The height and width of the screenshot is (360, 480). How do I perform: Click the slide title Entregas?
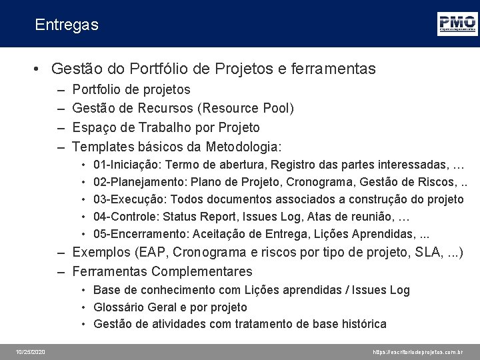[x=67, y=25]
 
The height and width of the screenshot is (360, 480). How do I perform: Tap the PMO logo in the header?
[x=457, y=24]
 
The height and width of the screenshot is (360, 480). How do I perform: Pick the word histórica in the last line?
[x=360, y=324]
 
